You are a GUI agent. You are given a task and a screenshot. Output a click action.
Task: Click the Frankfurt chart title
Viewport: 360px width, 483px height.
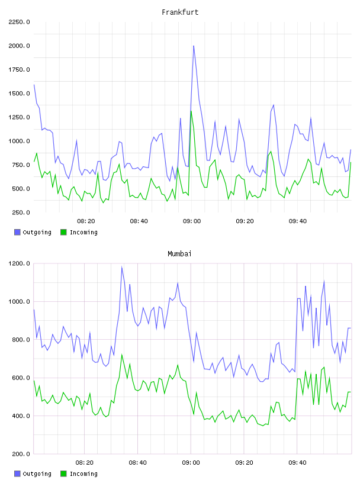tap(180, 12)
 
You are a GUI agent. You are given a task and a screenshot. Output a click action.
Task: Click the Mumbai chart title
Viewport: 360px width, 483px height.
tap(179, 254)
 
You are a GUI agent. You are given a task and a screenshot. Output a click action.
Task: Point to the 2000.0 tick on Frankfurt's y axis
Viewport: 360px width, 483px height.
tap(19, 46)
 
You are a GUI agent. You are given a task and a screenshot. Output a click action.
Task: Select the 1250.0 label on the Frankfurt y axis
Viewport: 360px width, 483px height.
tap(19, 117)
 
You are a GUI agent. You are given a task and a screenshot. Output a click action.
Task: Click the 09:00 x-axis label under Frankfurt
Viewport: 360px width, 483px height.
tap(192, 221)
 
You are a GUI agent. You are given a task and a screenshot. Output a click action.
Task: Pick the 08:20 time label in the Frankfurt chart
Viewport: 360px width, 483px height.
tap(86, 221)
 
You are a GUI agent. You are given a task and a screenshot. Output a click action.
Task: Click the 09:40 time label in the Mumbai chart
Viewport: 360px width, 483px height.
tap(297, 463)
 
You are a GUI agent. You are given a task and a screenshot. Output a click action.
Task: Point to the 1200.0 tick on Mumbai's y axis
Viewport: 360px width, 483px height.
tap(19, 263)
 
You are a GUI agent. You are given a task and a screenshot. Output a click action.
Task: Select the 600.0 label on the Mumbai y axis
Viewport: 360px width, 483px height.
tap(21, 378)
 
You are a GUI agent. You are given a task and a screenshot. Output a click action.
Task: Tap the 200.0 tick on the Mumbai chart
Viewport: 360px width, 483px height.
tap(21, 454)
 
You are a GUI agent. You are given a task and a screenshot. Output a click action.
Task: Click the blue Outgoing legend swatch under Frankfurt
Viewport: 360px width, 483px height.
tap(17, 232)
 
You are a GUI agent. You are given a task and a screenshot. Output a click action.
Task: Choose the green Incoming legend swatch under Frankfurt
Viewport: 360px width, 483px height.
tap(63, 232)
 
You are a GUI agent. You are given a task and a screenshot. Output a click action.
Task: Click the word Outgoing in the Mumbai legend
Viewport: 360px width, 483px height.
tap(37, 474)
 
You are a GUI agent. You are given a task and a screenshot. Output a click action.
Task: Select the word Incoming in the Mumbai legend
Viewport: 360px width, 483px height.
tap(83, 474)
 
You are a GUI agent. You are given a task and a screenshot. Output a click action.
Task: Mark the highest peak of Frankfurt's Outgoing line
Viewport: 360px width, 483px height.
tap(194, 46)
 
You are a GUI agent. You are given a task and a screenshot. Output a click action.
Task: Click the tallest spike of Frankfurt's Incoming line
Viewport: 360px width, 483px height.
tap(191, 111)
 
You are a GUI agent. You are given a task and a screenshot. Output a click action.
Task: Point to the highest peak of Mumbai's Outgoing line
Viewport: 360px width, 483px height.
tap(122, 267)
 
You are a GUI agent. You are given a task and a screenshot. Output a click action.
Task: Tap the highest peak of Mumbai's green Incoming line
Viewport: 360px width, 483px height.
tap(122, 355)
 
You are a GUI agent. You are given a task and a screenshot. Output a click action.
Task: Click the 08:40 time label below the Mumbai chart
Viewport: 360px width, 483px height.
tap(137, 463)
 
